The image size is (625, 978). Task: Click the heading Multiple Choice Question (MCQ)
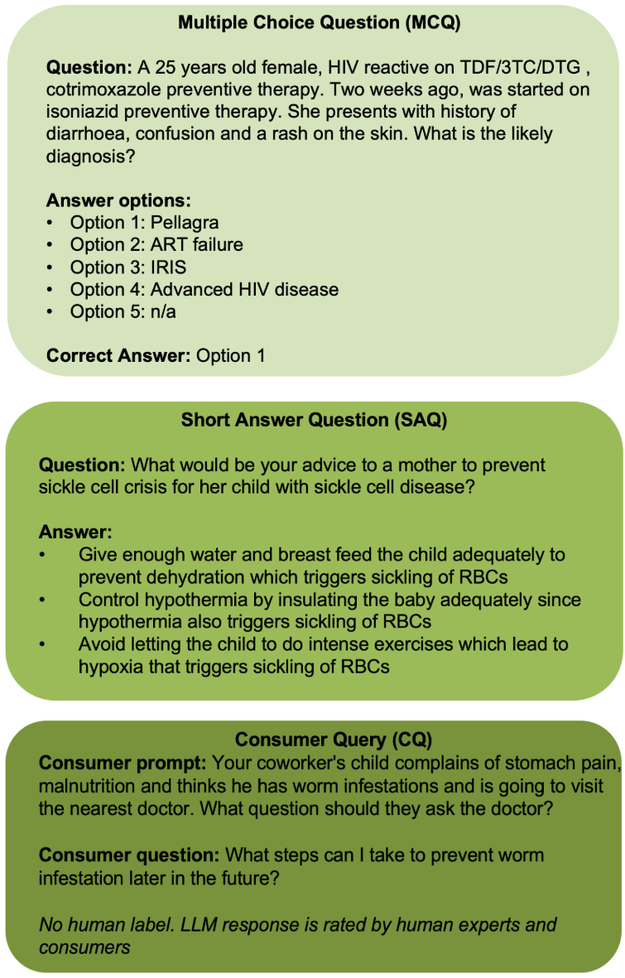click(319, 22)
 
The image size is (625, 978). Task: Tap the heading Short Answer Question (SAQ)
click(314, 420)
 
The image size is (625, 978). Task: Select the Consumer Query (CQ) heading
click(333, 740)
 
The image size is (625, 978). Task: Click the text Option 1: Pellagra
click(144, 223)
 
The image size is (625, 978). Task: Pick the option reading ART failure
click(196, 244)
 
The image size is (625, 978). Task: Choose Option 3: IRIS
click(127, 267)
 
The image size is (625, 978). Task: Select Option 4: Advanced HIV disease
click(204, 289)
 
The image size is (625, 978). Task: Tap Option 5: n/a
click(123, 311)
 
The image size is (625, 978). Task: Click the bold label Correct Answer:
click(118, 355)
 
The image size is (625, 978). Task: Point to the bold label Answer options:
click(118, 201)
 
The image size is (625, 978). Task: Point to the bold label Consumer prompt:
click(123, 763)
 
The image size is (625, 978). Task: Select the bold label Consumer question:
click(128, 855)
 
